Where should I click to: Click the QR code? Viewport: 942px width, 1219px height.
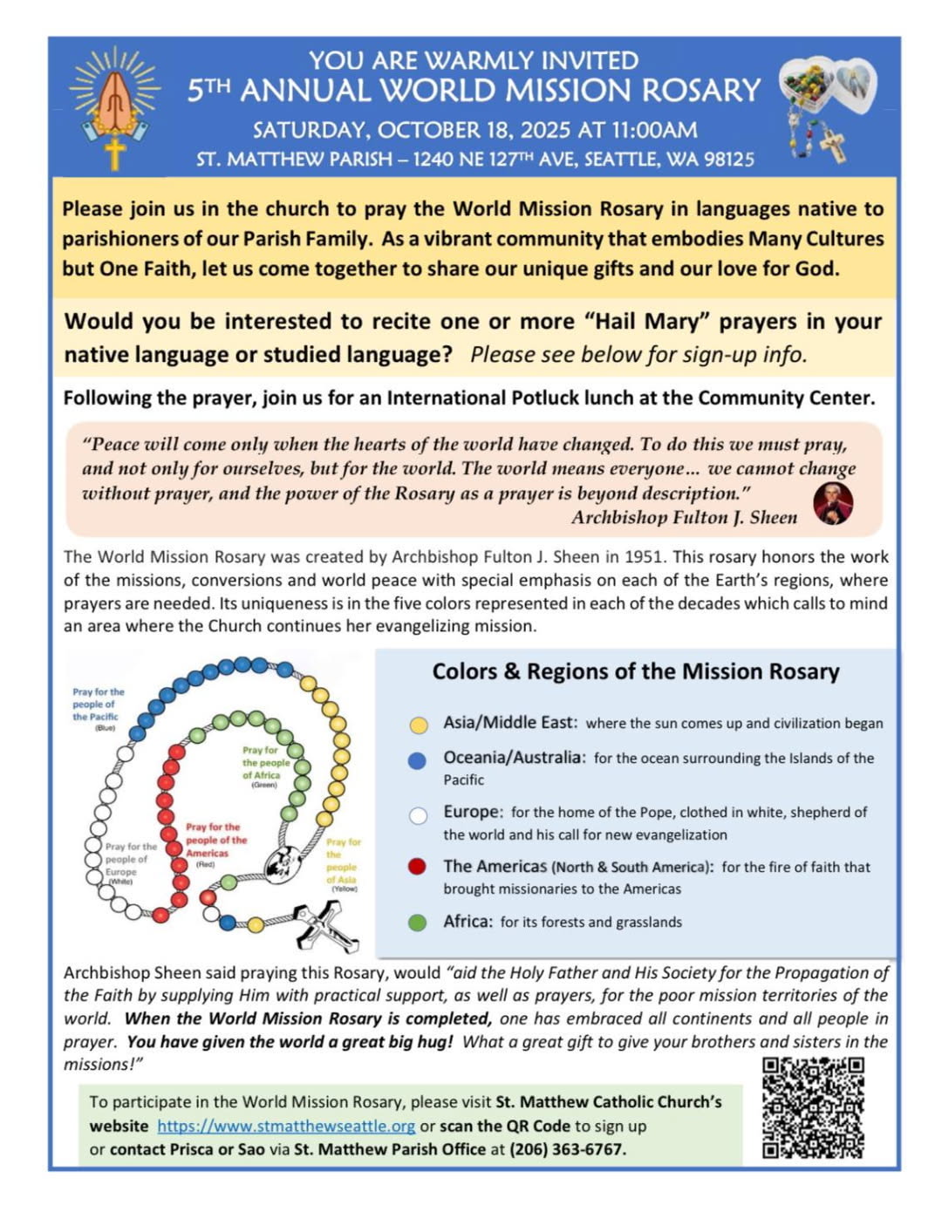tap(813, 1107)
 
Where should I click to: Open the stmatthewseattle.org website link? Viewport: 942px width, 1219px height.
tap(286, 1126)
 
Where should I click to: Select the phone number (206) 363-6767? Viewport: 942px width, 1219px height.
tap(567, 1149)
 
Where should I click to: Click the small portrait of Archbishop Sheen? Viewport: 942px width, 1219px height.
tap(833, 503)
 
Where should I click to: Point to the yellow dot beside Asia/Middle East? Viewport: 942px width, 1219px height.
tap(419, 725)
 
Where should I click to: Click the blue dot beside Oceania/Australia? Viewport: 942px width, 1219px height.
tap(418, 760)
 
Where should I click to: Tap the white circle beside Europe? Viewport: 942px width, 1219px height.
tap(418, 815)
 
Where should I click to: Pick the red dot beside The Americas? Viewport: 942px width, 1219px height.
tap(418, 867)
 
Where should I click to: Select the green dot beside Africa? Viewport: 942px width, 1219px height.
tap(418, 923)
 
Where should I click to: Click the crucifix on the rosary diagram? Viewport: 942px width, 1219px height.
tap(327, 926)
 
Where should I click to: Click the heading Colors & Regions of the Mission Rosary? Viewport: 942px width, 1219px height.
tap(636, 671)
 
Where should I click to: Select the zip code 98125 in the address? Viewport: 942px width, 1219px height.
tap(724, 160)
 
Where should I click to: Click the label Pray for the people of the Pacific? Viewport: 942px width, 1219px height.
tap(98, 705)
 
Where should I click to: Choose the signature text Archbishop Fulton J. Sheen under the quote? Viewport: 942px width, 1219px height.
tap(684, 517)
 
